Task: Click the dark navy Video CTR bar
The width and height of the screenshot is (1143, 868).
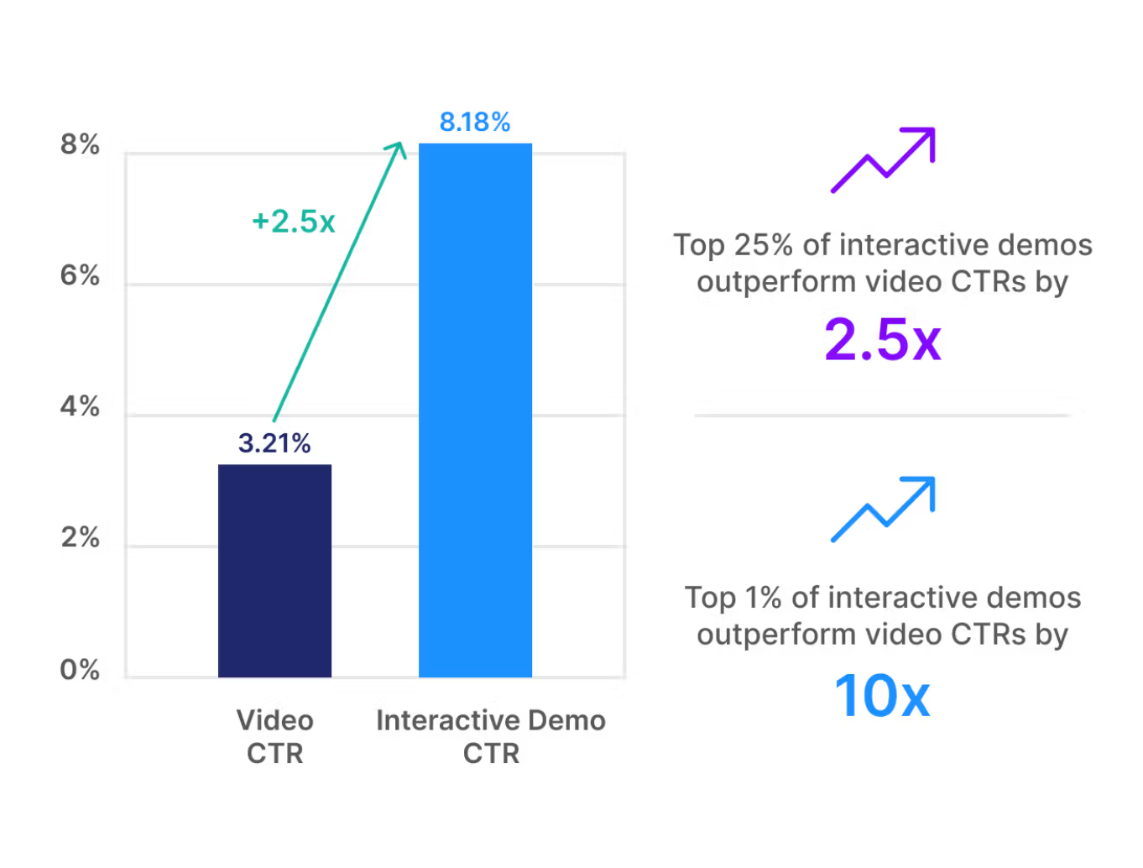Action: click(x=274, y=571)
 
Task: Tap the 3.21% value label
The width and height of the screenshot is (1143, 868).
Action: click(x=274, y=442)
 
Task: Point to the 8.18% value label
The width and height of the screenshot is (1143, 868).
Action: click(x=475, y=123)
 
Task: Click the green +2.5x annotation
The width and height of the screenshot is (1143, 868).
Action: click(x=294, y=222)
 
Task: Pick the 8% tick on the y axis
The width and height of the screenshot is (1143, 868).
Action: click(x=80, y=144)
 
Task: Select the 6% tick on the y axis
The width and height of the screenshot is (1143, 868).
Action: click(x=80, y=275)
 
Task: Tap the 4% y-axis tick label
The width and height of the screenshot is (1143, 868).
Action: click(x=80, y=407)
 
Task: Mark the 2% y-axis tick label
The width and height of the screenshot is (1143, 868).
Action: click(x=80, y=537)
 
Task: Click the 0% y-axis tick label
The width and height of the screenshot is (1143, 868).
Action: click(x=80, y=670)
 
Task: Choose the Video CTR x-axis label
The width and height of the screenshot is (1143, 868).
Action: click(x=274, y=736)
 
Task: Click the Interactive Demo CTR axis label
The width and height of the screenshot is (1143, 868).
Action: click(x=491, y=736)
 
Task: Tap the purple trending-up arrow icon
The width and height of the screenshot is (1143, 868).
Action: click(x=883, y=159)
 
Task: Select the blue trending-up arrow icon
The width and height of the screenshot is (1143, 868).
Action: click(x=883, y=509)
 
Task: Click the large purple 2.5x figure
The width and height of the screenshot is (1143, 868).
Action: click(x=883, y=340)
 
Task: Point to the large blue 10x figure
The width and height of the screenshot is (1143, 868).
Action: click(x=883, y=696)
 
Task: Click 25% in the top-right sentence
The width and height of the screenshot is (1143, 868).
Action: click(x=763, y=245)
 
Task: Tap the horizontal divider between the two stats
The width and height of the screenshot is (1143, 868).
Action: click(x=883, y=415)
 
